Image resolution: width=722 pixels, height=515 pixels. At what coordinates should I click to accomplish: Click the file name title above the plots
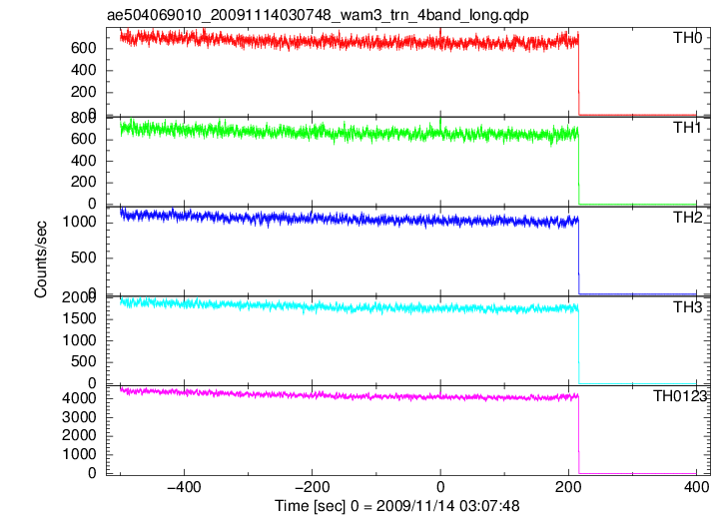click(x=318, y=15)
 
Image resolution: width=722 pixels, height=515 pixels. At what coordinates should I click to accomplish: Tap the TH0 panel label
click(x=687, y=38)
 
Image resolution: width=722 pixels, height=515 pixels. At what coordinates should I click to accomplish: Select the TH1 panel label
click(x=687, y=128)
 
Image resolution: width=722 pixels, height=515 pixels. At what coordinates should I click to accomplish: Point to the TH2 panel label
click(x=687, y=218)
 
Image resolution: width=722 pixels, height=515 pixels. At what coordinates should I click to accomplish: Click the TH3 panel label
click(x=687, y=307)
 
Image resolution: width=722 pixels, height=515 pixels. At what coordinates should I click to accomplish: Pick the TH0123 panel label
click(x=680, y=396)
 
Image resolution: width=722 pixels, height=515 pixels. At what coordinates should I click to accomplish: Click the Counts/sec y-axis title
click(x=41, y=259)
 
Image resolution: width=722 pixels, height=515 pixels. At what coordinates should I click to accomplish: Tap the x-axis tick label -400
click(x=184, y=487)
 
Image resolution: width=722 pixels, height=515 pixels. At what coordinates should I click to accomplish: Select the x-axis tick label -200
click(x=312, y=487)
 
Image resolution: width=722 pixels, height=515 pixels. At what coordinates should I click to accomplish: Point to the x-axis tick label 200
click(x=568, y=487)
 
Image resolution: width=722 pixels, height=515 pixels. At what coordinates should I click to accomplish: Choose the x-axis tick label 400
click(x=696, y=487)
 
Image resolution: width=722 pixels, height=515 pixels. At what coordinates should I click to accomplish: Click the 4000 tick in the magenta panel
click(x=79, y=398)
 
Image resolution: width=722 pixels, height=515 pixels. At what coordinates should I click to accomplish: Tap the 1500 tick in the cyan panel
click(x=79, y=319)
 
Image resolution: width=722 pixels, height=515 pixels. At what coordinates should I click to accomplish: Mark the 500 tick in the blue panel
click(x=83, y=257)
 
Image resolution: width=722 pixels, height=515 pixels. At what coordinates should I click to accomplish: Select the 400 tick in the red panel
click(x=83, y=71)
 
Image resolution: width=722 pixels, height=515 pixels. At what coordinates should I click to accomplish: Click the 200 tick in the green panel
click(x=83, y=183)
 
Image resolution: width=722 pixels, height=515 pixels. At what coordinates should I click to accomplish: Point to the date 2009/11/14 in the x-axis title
click(x=415, y=506)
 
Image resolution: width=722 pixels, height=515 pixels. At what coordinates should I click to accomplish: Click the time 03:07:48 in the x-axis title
click(x=489, y=506)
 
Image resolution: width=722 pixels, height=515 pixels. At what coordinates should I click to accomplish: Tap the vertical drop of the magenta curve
click(x=578, y=434)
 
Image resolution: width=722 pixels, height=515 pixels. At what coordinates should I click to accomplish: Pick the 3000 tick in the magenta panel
click(x=79, y=417)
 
